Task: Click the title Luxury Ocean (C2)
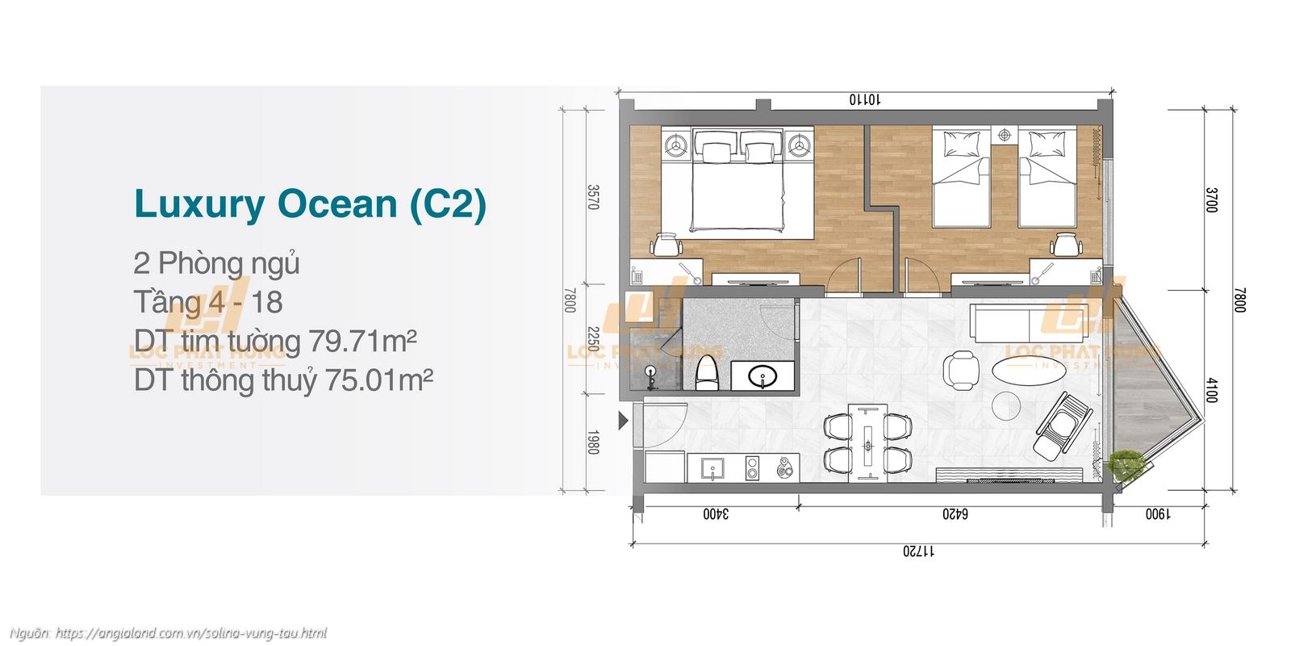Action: point(310,204)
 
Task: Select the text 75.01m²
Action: point(378,380)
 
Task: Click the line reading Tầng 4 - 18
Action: point(208,303)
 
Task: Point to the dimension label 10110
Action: point(864,100)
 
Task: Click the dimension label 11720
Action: point(917,552)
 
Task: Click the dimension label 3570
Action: point(593,197)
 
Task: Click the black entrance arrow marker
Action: point(622,421)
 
